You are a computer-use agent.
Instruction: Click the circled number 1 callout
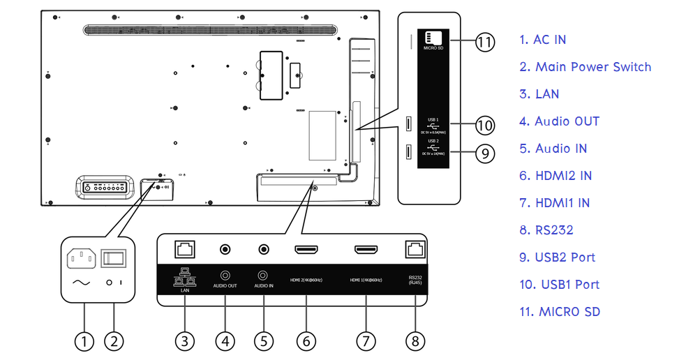pos(84,341)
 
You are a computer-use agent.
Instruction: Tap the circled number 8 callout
pos(415,341)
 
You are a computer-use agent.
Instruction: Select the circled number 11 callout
pos(484,42)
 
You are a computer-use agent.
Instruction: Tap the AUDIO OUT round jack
pos(225,249)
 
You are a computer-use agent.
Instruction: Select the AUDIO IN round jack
pos(264,249)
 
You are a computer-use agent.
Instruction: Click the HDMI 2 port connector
pos(306,249)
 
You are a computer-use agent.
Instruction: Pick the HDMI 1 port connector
pos(366,249)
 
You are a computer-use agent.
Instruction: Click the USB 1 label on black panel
pos(433,119)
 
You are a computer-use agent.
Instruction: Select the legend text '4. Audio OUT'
pos(560,121)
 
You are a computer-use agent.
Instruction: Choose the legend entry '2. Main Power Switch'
pos(585,67)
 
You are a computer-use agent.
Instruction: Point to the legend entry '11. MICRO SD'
pos(559,312)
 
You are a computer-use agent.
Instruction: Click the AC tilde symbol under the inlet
pos(80,283)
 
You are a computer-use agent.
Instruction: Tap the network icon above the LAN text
pos(184,278)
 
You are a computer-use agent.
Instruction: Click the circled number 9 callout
pos(484,153)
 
